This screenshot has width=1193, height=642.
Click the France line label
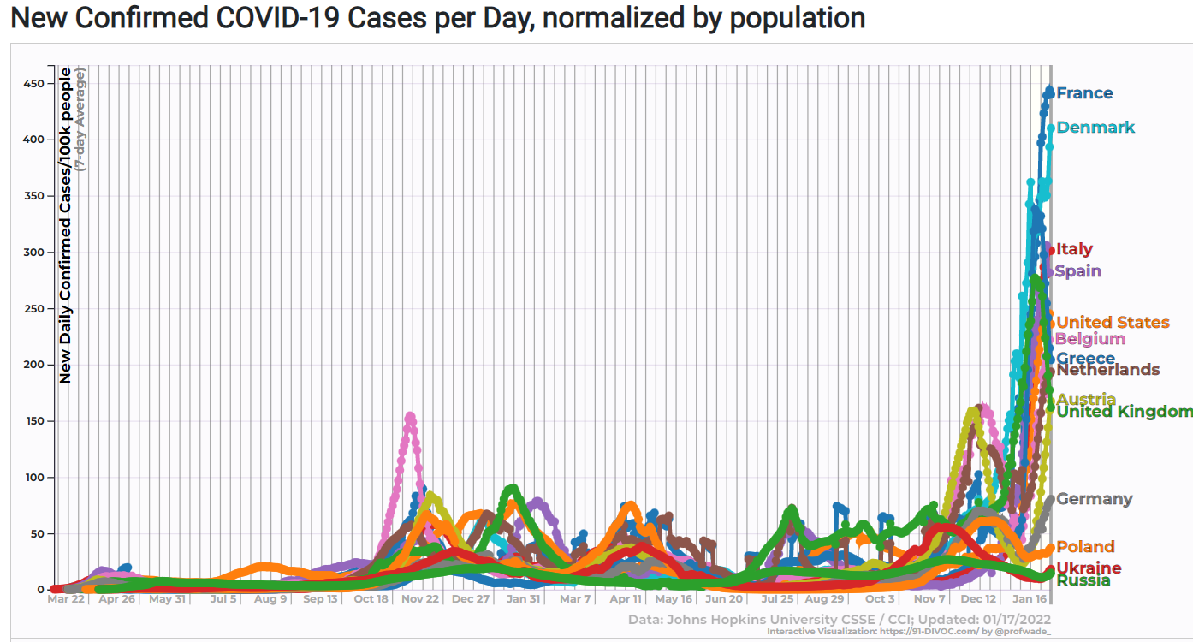[1084, 93]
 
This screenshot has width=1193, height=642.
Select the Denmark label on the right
[1095, 128]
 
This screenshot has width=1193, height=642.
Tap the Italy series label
[1074, 249]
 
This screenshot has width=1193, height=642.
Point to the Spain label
[1078, 271]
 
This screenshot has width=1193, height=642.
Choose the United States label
[1113, 323]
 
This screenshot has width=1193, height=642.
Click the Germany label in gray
[1095, 499]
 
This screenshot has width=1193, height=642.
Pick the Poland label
[1085, 547]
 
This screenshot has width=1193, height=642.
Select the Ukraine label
[1089, 568]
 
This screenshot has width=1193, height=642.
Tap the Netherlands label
[1108, 370]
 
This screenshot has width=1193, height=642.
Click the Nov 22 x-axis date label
[420, 599]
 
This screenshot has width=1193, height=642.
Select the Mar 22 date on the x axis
[66, 599]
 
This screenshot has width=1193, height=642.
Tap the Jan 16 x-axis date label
[1028, 599]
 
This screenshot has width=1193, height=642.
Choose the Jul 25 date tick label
[776, 599]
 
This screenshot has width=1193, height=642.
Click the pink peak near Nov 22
[410, 417]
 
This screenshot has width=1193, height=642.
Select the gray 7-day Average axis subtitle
[80, 121]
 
